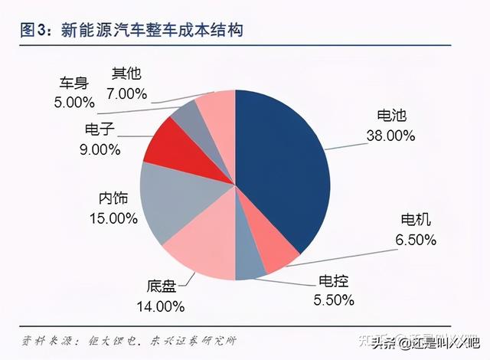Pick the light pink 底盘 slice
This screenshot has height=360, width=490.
coord(201,249)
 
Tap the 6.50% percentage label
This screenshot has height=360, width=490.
coord(415,240)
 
